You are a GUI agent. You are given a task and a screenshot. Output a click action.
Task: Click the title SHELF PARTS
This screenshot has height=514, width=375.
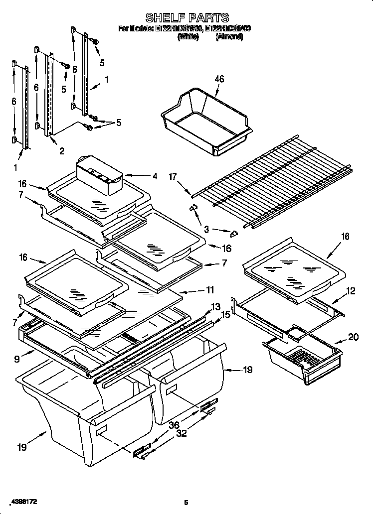coord(187,18)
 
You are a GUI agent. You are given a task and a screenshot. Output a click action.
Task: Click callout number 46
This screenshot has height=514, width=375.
coord(219,79)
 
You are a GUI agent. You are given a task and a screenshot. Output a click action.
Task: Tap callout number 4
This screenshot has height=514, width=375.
coord(155,175)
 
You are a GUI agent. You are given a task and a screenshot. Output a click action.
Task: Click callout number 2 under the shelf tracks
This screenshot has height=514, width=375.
coord(61,151)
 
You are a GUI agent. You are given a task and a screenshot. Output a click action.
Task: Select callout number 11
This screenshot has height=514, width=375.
coord(210,289)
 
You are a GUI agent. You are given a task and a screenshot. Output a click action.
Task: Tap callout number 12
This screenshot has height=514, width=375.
coord(351,291)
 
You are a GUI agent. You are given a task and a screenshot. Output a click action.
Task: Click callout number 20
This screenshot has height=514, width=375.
coord(353,337)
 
